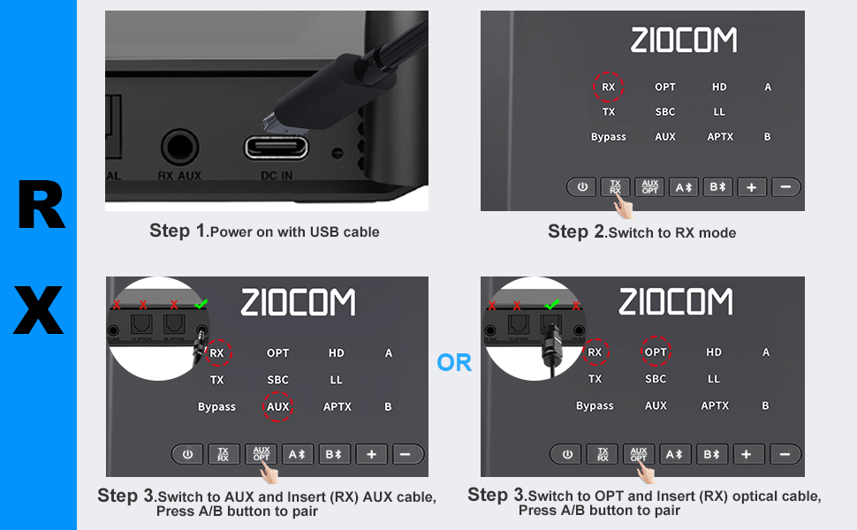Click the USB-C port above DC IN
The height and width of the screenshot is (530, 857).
click(x=276, y=147)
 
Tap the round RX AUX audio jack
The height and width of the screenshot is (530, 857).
click(x=179, y=146)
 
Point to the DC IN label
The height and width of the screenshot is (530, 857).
click(x=276, y=176)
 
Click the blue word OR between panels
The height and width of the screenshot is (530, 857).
click(x=454, y=363)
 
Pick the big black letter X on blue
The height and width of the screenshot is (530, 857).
click(x=39, y=308)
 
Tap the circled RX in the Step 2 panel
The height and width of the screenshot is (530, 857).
click(x=608, y=87)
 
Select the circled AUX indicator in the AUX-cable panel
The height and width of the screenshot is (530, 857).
click(x=277, y=406)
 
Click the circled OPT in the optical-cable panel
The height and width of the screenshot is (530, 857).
click(x=656, y=352)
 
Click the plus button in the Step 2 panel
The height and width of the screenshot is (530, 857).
click(x=751, y=187)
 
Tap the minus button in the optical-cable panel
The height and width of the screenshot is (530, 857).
click(x=785, y=454)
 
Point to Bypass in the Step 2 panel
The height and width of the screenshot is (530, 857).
click(x=609, y=137)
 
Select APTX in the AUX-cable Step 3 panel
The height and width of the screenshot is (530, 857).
click(x=337, y=406)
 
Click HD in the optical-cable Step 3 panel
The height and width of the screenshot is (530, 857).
click(x=714, y=352)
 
